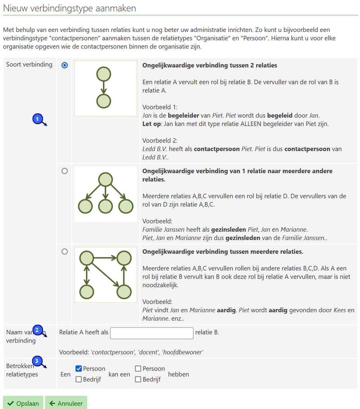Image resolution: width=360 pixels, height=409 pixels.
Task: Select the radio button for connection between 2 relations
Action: pyautogui.click(x=64, y=65)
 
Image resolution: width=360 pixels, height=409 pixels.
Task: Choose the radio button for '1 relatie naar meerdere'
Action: pyautogui.click(x=64, y=171)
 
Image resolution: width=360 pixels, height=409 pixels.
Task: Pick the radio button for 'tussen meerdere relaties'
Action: pyautogui.click(x=64, y=251)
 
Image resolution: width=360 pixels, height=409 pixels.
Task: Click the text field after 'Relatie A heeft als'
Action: pyautogui.click(x=152, y=333)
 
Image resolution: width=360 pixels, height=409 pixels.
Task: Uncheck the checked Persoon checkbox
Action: pyautogui.click(x=79, y=369)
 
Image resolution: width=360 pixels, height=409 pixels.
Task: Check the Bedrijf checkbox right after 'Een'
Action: pyautogui.click(x=79, y=379)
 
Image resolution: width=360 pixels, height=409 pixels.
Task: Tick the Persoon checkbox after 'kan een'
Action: pyautogui.click(x=138, y=369)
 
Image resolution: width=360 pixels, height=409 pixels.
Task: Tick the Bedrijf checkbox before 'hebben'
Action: pyautogui.click(x=138, y=379)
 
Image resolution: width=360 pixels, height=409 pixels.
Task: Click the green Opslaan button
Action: pyautogui.click(x=23, y=403)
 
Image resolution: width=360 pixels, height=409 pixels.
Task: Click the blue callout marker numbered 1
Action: pyautogui.click(x=37, y=119)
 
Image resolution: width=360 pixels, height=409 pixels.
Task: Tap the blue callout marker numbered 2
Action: pyautogui.click(x=37, y=330)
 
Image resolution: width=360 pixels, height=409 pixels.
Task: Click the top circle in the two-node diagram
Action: pyautogui.click(x=103, y=74)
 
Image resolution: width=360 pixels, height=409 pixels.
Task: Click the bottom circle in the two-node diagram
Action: pyautogui.click(x=103, y=101)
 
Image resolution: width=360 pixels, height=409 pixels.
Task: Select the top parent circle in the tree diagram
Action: pyautogui.click(x=105, y=179)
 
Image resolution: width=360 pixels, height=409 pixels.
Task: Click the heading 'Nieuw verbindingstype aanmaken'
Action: pyautogui.click(x=70, y=8)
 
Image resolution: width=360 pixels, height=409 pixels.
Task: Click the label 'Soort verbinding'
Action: pyautogui.click(x=29, y=64)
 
